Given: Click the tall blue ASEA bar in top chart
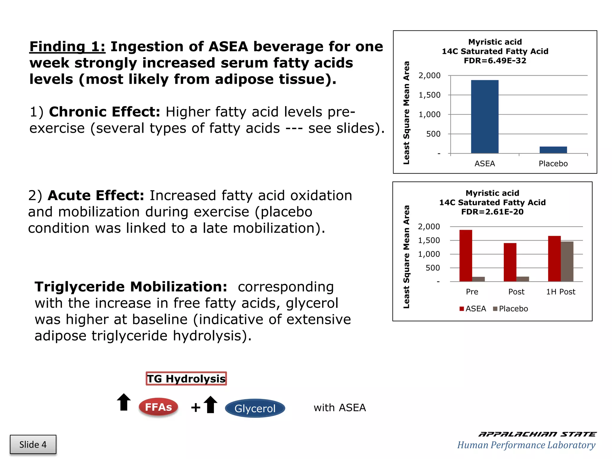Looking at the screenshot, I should click(x=484, y=117).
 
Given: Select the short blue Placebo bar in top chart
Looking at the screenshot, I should click(x=553, y=150).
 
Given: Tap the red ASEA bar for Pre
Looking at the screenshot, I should click(x=466, y=255).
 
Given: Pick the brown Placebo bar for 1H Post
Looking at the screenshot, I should click(x=567, y=261).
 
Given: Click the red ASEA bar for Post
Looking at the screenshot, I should click(x=510, y=262).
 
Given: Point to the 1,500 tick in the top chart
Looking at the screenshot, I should click(x=429, y=95).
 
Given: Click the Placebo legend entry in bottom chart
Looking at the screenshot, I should click(x=510, y=309).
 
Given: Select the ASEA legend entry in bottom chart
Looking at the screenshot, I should click(x=473, y=309).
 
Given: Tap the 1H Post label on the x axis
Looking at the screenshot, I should click(x=561, y=292).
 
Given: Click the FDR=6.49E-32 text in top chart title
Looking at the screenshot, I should click(x=495, y=61).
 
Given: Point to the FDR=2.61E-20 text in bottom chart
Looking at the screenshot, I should click(x=492, y=212).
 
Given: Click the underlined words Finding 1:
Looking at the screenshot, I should click(x=67, y=47).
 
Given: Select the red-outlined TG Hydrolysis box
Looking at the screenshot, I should click(x=186, y=379).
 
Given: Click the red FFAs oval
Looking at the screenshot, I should click(x=158, y=407).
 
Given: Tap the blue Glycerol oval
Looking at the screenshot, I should click(x=255, y=408).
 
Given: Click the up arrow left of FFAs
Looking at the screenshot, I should click(x=124, y=402).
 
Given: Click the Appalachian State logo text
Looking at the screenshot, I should click(x=537, y=434).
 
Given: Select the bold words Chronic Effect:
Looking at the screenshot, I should click(x=105, y=112).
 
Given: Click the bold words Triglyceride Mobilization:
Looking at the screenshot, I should click(x=131, y=287).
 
